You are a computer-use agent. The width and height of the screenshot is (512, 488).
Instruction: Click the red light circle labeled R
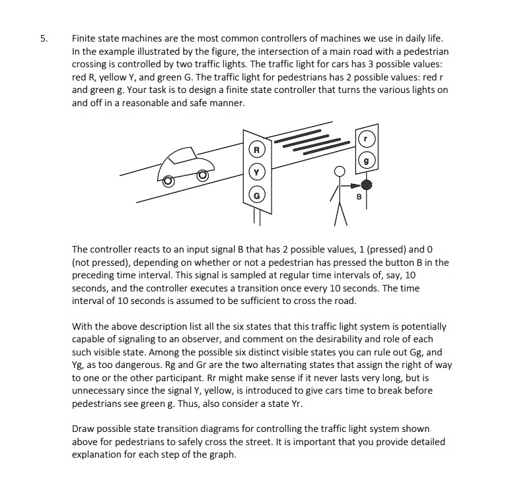[256, 150]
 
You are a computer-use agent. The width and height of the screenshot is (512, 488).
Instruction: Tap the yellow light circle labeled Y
[256, 173]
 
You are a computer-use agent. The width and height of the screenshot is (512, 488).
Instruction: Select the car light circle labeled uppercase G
[256, 196]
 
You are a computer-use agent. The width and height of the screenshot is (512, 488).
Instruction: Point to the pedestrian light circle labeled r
[367, 138]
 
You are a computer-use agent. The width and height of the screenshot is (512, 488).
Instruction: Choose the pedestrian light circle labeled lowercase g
[367, 160]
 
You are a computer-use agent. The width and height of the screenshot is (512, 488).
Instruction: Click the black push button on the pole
[367, 185]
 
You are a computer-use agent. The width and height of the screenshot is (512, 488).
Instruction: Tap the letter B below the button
[359, 197]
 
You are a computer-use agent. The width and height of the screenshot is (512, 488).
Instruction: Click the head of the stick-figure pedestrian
[340, 173]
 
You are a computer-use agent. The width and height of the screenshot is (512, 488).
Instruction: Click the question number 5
[44, 39]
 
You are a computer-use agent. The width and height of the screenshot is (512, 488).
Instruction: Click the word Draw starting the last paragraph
[83, 429]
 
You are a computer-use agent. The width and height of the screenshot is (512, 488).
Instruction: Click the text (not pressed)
[98, 262]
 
